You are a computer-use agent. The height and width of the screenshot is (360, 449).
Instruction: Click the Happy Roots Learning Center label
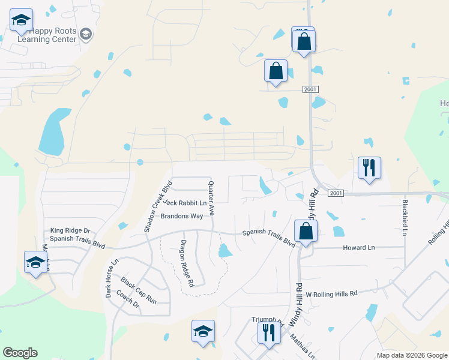point(47,35)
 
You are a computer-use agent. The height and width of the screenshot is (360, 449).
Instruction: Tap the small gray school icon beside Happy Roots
point(86,34)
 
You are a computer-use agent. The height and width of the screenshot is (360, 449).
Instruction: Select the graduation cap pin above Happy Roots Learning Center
point(21,22)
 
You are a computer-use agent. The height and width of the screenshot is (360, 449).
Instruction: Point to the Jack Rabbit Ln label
point(184,203)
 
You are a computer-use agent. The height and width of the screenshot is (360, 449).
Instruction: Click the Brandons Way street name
point(181,217)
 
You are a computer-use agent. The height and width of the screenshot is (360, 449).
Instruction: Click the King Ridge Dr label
point(70,230)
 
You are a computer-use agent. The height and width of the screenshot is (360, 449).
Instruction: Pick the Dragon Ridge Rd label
point(186,262)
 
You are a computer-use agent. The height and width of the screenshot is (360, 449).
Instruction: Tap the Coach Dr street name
point(127,300)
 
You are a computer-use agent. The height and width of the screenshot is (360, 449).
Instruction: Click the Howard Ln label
point(358,247)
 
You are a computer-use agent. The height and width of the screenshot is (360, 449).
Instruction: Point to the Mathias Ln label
point(303,347)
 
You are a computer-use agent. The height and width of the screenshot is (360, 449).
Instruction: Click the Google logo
point(20,353)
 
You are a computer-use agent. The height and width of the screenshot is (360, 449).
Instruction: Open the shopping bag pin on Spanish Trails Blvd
point(306,232)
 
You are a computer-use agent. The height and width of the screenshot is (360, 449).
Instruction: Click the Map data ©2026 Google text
point(412,355)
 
